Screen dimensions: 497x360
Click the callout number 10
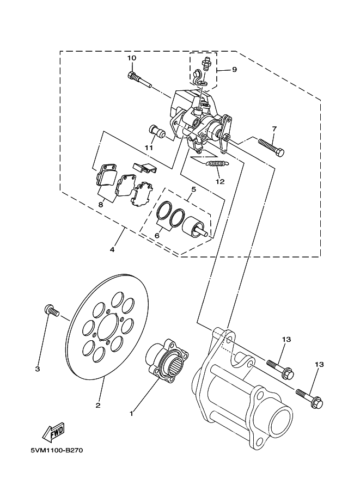point(132,58)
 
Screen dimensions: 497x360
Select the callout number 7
point(274,128)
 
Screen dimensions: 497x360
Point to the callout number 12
point(219,182)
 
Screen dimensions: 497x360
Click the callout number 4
point(112,250)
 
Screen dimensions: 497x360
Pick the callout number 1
point(131,414)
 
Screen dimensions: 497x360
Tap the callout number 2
point(98,405)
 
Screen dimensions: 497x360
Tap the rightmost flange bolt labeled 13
point(310,397)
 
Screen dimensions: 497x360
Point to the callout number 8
point(101,205)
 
